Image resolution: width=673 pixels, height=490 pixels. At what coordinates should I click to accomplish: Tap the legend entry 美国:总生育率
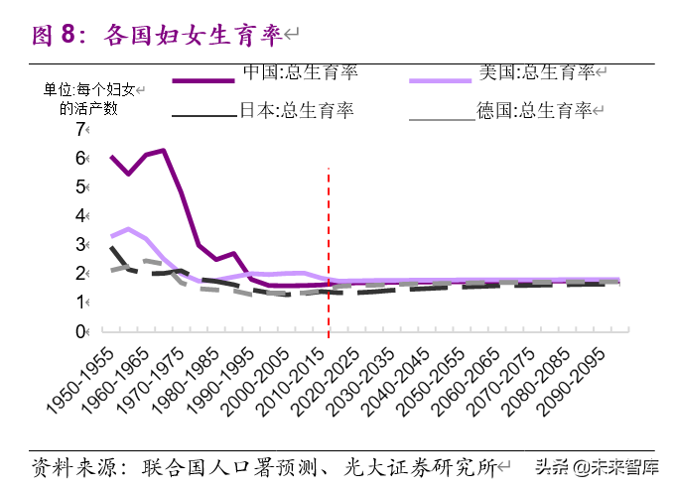click(536, 72)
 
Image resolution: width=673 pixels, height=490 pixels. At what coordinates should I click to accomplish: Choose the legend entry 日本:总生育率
click(297, 110)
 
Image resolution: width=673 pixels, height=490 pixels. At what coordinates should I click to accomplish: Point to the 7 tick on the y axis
click(80, 129)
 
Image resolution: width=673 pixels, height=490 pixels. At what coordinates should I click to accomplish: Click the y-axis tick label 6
click(80, 159)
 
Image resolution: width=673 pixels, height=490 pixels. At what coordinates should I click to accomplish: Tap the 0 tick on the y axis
click(80, 331)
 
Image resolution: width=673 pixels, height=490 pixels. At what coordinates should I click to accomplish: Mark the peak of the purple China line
click(163, 150)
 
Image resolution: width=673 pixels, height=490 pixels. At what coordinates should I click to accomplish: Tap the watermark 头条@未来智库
click(596, 465)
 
